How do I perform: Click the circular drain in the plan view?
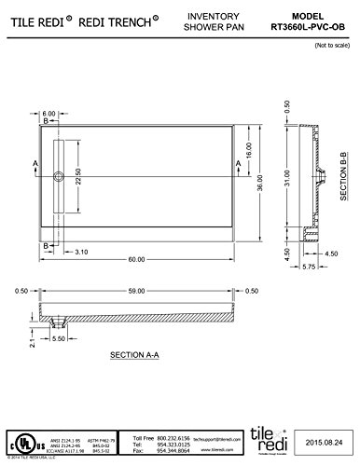pyautogui.click(x=61, y=175)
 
